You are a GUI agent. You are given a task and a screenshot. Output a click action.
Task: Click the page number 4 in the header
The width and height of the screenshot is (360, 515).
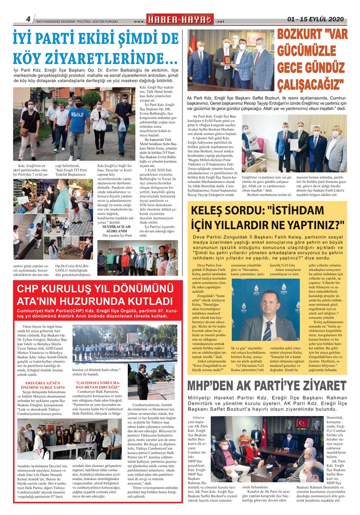[x=28, y=19]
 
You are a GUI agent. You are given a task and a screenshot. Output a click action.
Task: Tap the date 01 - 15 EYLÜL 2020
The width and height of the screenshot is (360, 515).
[x=316, y=19]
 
